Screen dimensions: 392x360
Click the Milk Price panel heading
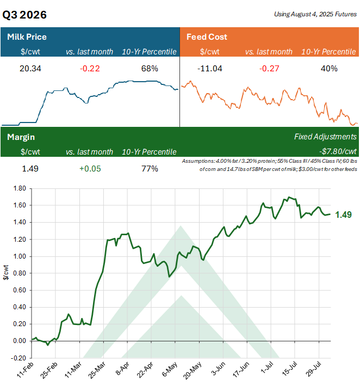click(27, 37)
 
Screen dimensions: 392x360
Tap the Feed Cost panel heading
click(207, 37)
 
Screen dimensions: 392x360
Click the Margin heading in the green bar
click(21, 137)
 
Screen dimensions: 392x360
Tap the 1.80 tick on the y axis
click(19, 188)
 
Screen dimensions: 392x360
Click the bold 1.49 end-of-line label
click(344, 215)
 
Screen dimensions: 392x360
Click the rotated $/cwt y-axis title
click(5, 273)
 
